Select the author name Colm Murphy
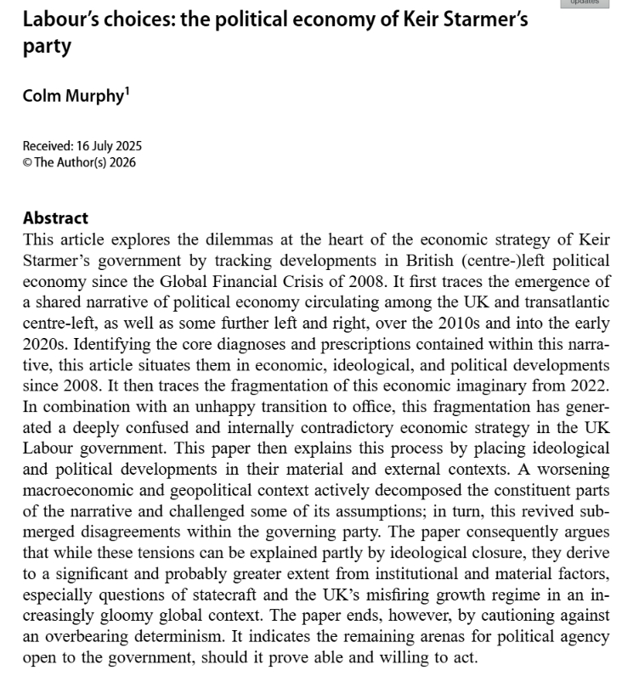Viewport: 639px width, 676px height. point(73,95)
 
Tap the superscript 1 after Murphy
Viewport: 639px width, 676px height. point(127,90)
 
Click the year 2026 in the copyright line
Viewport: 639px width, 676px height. point(120,162)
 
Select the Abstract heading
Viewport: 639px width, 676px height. point(55,218)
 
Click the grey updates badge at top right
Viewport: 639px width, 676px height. point(584,3)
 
